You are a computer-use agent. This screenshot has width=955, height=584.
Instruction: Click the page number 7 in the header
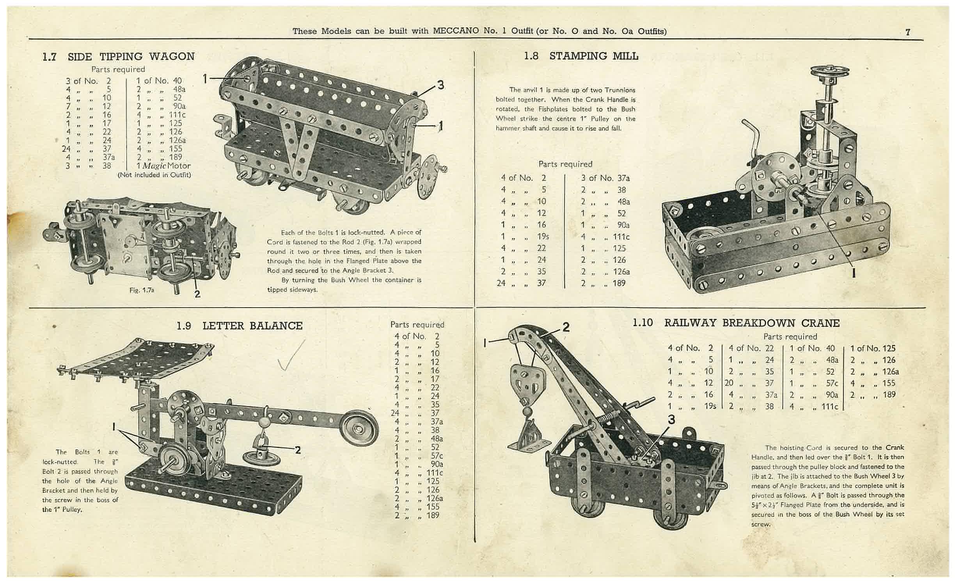click(x=907, y=32)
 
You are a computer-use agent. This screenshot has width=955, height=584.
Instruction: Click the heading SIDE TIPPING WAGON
click(x=131, y=57)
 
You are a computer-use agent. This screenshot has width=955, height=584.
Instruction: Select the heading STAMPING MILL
click(x=593, y=56)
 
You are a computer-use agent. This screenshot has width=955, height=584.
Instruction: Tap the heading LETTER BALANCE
click(x=252, y=326)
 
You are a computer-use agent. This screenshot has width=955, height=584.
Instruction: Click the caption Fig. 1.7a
click(x=142, y=290)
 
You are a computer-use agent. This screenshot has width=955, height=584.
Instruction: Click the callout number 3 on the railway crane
click(x=671, y=420)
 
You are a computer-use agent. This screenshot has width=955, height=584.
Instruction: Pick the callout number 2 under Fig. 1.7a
click(x=197, y=294)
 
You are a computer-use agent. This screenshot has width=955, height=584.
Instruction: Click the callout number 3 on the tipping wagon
click(x=440, y=85)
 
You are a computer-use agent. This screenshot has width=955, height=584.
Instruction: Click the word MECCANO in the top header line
click(x=454, y=31)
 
